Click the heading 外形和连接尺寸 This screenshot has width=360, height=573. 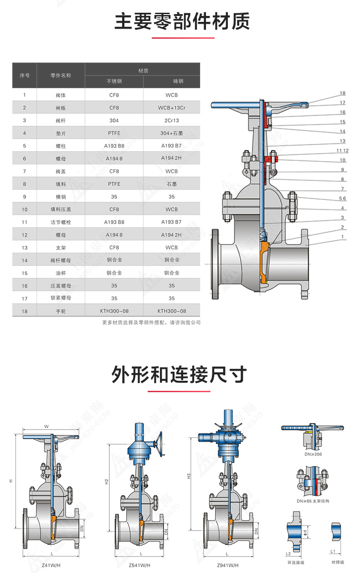(180, 375)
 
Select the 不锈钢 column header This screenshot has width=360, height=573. (114, 82)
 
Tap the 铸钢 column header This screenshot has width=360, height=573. (171, 82)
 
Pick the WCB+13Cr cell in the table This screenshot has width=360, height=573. (171, 108)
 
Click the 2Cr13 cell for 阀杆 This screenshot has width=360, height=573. (171, 121)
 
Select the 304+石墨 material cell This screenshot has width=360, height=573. (171, 133)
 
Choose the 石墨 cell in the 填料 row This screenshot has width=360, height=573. (171, 184)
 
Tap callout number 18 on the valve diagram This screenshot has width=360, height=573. (342, 93)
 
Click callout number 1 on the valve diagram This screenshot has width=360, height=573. (342, 236)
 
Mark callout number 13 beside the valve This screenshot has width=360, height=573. (342, 141)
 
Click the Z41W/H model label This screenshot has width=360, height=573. (51, 565)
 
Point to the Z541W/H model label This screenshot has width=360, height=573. (139, 565)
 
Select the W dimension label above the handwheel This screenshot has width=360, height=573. (46, 427)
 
